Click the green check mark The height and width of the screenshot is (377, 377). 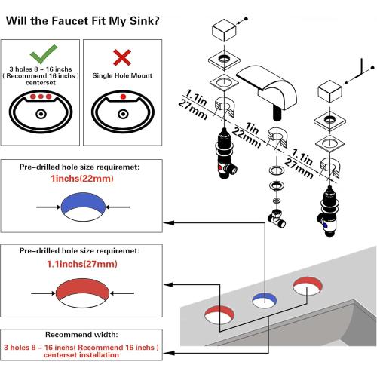[43, 54]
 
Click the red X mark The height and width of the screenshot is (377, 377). [122, 57]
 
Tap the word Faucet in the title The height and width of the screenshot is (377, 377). [69, 21]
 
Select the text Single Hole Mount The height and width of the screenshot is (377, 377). [122, 75]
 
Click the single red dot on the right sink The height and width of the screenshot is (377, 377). [123, 97]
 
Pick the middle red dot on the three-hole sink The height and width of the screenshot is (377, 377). [41, 97]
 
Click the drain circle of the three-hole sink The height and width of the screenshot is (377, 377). [41, 115]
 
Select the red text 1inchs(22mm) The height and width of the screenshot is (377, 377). [82, 179]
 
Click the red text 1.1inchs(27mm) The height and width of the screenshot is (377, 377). [82, 264]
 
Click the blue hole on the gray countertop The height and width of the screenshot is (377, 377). [265, 300]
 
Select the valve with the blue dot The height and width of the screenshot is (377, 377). [328, 211]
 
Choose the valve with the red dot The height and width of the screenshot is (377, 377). [225, 153]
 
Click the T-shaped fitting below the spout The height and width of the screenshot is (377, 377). [277, 218]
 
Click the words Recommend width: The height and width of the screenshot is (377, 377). [81, 335]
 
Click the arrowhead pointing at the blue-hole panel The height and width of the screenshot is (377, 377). [169, 222]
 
